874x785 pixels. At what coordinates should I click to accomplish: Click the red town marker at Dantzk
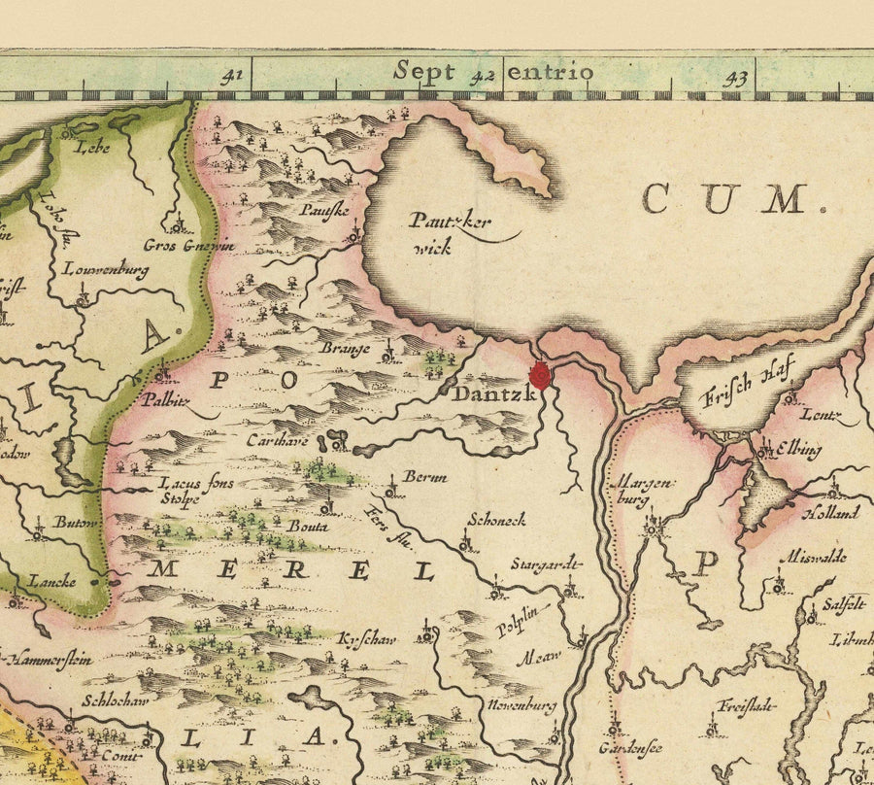pos(540,374)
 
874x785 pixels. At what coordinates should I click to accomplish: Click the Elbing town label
pos(798,450)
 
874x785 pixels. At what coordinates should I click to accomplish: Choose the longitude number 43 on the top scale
pos(735,78)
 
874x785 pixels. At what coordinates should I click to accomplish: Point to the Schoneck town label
pos(496,520)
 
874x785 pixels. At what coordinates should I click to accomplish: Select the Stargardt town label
pos(547,563)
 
